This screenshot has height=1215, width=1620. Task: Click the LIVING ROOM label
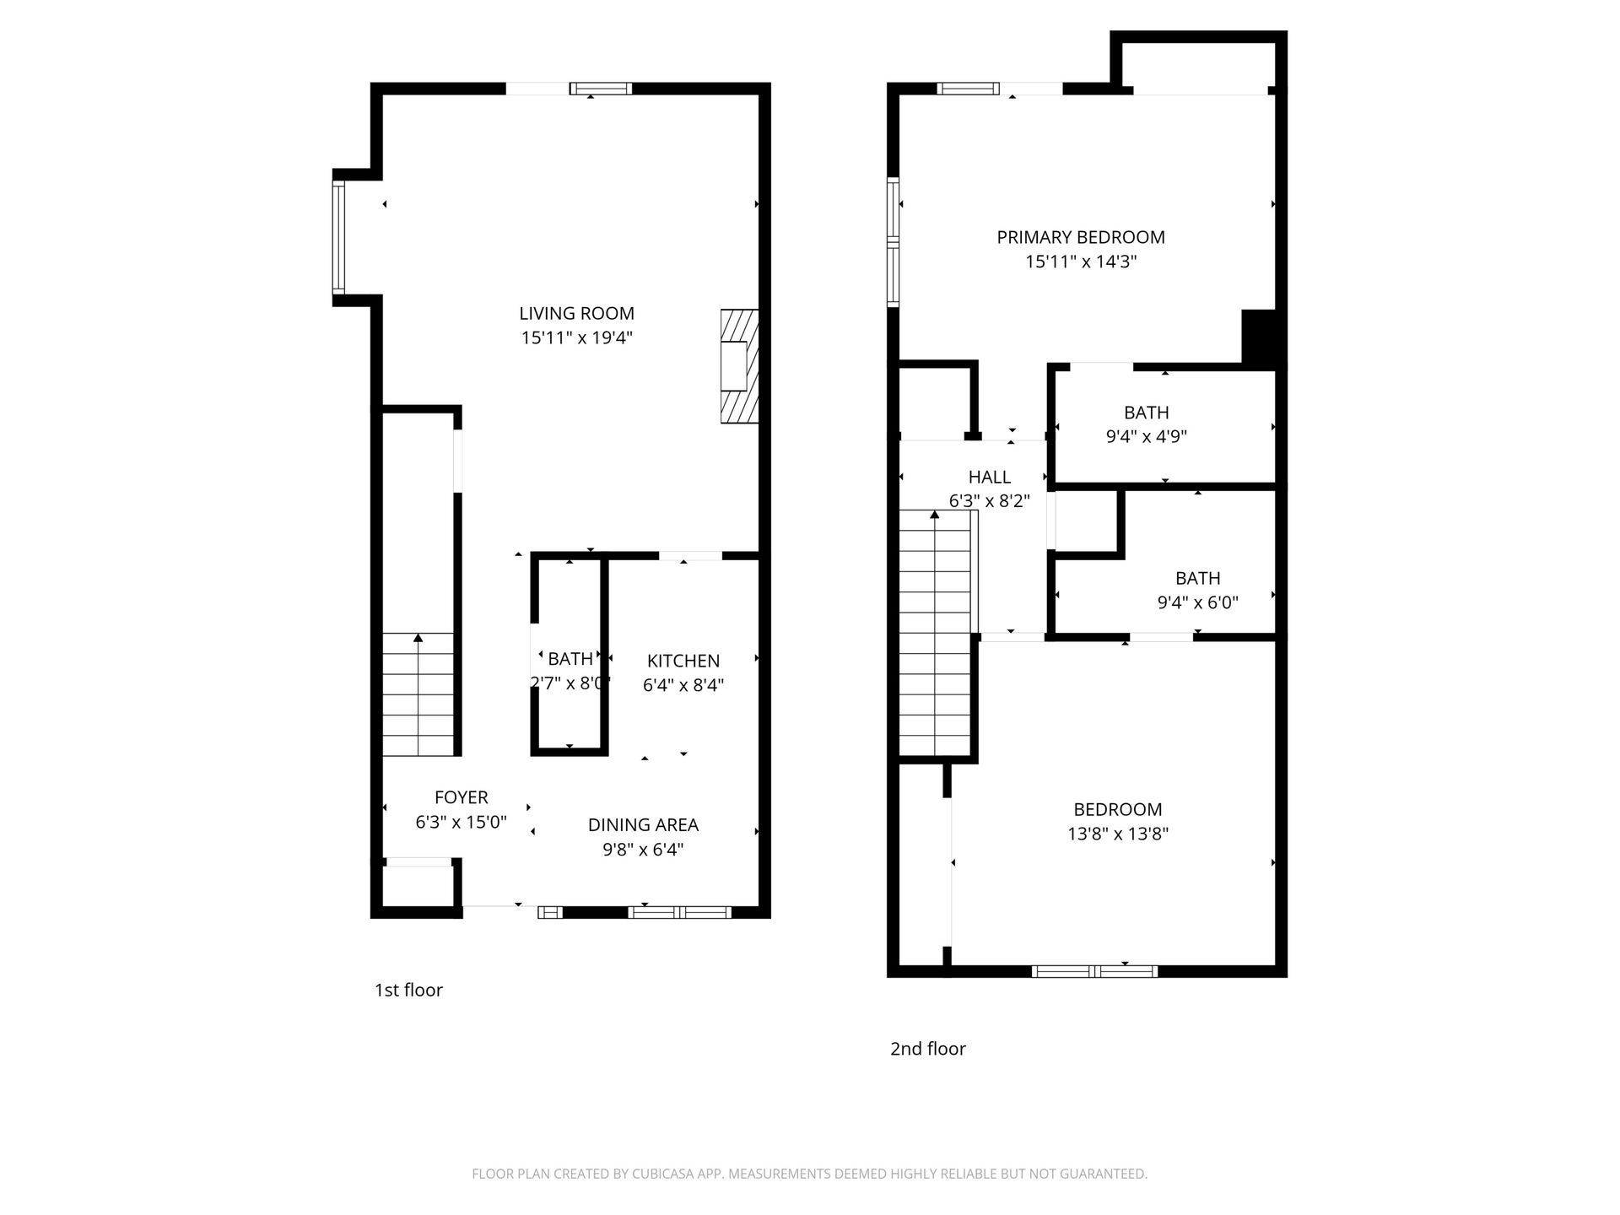(x=576, y=314)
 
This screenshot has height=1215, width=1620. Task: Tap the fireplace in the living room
(x=739, y=366)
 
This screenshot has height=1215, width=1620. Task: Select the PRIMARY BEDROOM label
(x=1081, y=238)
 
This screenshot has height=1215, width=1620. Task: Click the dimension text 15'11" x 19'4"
(x=576, y=338)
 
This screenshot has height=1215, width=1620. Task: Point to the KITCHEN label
(x=683, y=661)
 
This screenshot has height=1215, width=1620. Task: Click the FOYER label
(x=462, y=797)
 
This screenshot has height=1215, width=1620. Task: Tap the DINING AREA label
(x=643, y=825)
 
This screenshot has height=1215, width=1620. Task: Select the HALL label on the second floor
(x=990, y=477)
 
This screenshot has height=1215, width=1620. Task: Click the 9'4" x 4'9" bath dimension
(x=1147, y=437)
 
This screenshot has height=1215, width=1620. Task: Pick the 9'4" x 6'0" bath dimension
(x=1198, y=602)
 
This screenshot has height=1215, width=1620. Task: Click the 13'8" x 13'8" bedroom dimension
(x=1118, y=834)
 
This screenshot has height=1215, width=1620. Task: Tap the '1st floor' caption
(x=408, y=991)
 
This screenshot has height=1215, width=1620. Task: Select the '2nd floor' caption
(x=928, y=1049)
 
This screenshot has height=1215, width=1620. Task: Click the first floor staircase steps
(x=418, y=694)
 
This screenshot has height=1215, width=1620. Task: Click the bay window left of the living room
(x=338, y=237)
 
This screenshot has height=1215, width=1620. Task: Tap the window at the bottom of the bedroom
(x=1094, y=971)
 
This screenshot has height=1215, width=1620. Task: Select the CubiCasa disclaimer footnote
(x=810, y=1174)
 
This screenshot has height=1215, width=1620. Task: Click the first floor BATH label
(x=570, y=659)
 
